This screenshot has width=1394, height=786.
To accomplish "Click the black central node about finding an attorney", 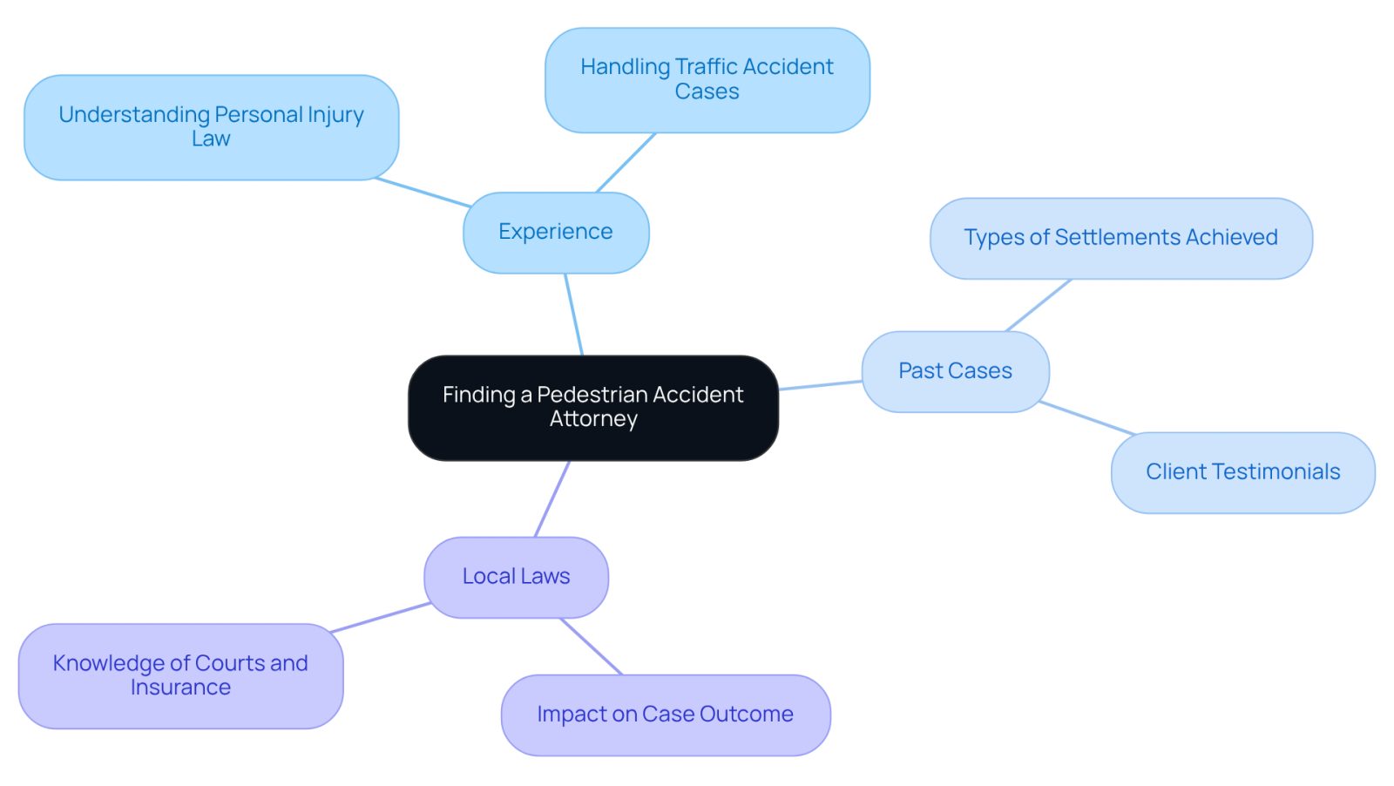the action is click(x=593, y=408).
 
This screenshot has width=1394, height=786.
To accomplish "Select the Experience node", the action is click(x=556, y=232).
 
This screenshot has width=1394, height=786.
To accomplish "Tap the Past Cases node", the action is click(x=955, y=371).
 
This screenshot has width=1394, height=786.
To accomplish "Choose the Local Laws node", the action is click(x=516, y=578).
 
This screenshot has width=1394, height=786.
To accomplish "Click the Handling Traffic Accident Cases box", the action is click(x=707, y=79).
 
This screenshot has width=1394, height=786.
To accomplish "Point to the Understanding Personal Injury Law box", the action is click(x=211, y=127).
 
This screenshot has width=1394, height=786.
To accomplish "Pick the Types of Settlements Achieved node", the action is click(x=1120, y=239).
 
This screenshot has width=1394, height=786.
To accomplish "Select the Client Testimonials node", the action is click(x=1242, y=473).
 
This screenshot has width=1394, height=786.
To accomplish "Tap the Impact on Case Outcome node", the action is click(x=666, y=715).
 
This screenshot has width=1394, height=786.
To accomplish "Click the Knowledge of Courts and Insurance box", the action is click(x=180, y=676).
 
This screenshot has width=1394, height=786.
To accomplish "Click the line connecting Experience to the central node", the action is click(x=574, y=315).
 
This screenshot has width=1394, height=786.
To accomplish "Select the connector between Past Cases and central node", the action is click(x=820, y=385).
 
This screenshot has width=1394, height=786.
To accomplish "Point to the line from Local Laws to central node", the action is click(x=552, y=498).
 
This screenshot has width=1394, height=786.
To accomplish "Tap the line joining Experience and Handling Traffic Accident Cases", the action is click(x=626, y=162).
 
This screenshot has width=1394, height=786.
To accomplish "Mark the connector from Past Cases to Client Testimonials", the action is click(x=1087, y=417).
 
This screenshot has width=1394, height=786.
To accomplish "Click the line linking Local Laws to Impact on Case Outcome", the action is click(x=592, y=646).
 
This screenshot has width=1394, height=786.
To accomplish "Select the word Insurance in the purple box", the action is click(x=180, y=687).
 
